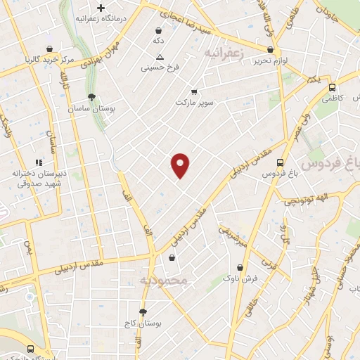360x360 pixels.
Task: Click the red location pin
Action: pos(181,165)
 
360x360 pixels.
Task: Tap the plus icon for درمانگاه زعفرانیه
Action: pos(101,8)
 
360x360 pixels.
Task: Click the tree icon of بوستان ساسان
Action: pos(91,97)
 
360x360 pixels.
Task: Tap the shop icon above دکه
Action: pos(158,31)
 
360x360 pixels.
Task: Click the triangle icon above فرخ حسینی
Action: pos(160,57)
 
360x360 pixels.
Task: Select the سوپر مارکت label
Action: pos(195,102)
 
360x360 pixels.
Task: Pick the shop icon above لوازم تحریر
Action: pos(271,49)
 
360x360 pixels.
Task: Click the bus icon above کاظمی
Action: pos(332,87)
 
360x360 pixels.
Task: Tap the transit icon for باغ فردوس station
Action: pos(280,162)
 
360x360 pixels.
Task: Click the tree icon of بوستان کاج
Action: pos(143,311)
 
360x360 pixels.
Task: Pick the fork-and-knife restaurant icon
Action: pos(39,162)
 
